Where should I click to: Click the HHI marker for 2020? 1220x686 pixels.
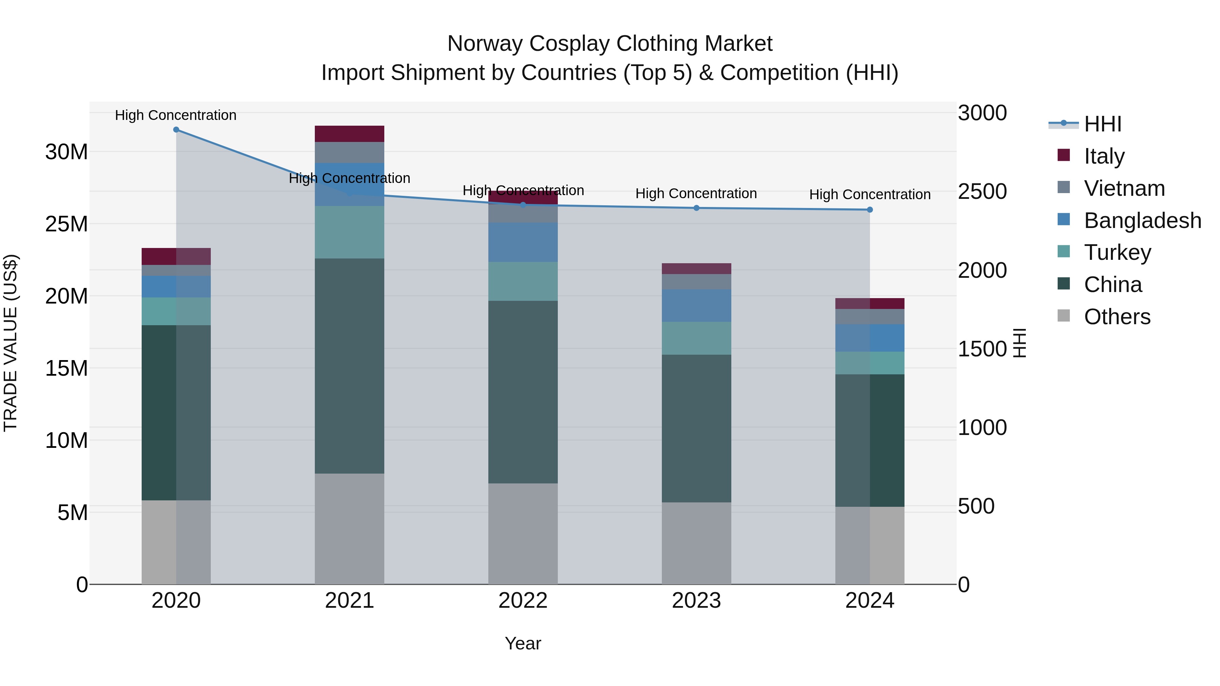coord(176,130)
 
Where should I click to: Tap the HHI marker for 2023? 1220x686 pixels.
coord(696,208)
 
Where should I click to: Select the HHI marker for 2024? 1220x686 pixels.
coord(870,210)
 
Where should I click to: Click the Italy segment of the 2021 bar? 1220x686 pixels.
coord(349,134)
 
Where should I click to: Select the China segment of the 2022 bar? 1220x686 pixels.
coord(523,392)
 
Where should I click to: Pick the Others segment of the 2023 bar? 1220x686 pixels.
coord(696,543)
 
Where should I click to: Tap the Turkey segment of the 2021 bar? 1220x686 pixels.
coord(349,232)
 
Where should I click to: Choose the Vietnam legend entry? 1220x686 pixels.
coord(1123,188)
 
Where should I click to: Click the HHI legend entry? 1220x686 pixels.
coord(1102,124)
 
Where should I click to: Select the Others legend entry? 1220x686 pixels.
coord(1116,317)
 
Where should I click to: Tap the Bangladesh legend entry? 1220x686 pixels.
coord(1142,221)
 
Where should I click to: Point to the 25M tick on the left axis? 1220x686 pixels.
coord(66,224)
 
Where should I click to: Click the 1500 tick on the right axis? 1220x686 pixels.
coord(982,349)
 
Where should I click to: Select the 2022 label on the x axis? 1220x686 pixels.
coord(523,601)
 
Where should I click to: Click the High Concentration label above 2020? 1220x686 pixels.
coord(176,115)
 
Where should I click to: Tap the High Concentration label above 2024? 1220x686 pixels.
coord(870,194)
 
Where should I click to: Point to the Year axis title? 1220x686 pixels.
coord(523,643)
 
